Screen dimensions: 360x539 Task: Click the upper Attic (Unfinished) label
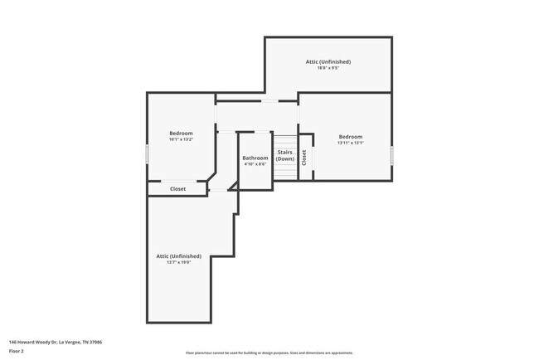coord(328,61)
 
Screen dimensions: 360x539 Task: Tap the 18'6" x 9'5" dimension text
coord(328,68)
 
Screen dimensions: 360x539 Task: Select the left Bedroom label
coord(181,134)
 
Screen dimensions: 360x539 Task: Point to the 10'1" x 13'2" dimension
coord(181,140)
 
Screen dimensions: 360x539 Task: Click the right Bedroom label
coord(350,137)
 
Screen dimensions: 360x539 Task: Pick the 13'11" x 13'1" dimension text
coord(350,144)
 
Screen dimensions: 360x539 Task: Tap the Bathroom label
coord(255,158)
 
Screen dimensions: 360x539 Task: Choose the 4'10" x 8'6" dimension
coord(255,164)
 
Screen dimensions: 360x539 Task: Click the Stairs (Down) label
coord(284,155)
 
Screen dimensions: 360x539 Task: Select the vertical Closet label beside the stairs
coord(304,157)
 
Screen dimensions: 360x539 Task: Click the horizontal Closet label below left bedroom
coord(177,189)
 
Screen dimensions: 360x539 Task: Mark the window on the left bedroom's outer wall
coord(148,154)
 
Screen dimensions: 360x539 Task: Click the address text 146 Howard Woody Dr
coord(55,342)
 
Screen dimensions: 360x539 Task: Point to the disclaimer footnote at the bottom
coord(269,353)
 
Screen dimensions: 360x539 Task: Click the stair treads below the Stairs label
coord(284,170)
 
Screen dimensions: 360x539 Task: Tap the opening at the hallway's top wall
coord(269,101)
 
